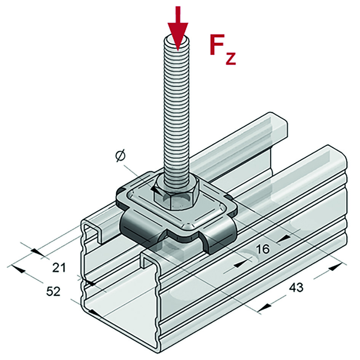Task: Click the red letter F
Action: coord(218,45)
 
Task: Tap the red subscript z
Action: coord(230,59)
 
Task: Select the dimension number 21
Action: coord(59,268)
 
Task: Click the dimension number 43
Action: coord(296,288)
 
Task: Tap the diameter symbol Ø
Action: coord(120,155)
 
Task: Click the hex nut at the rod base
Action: coord(176,192)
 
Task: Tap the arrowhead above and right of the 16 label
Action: coord(282,238)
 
